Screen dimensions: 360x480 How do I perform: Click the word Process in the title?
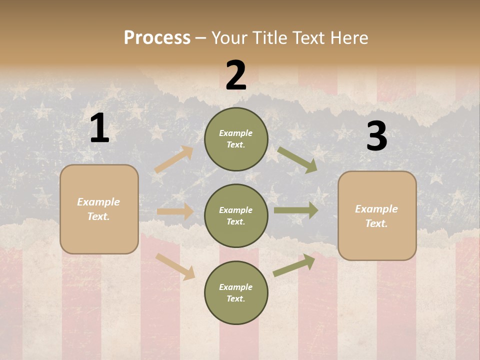(157, 37)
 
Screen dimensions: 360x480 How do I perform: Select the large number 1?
(99, 128)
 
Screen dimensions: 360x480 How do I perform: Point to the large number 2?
(236, 75)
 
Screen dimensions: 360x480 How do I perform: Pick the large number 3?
(376, 136)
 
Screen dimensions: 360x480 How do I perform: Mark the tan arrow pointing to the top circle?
(174, 159)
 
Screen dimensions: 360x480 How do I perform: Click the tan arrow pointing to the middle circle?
(175, 211)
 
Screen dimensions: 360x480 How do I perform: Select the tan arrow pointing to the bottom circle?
(175, 266)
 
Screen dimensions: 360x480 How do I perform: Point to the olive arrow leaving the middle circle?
(296, 210)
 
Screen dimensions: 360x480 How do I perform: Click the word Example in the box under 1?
(98, 202)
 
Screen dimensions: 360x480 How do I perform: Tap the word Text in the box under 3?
(376, 223)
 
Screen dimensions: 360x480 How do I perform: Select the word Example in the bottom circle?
(235, 287)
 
